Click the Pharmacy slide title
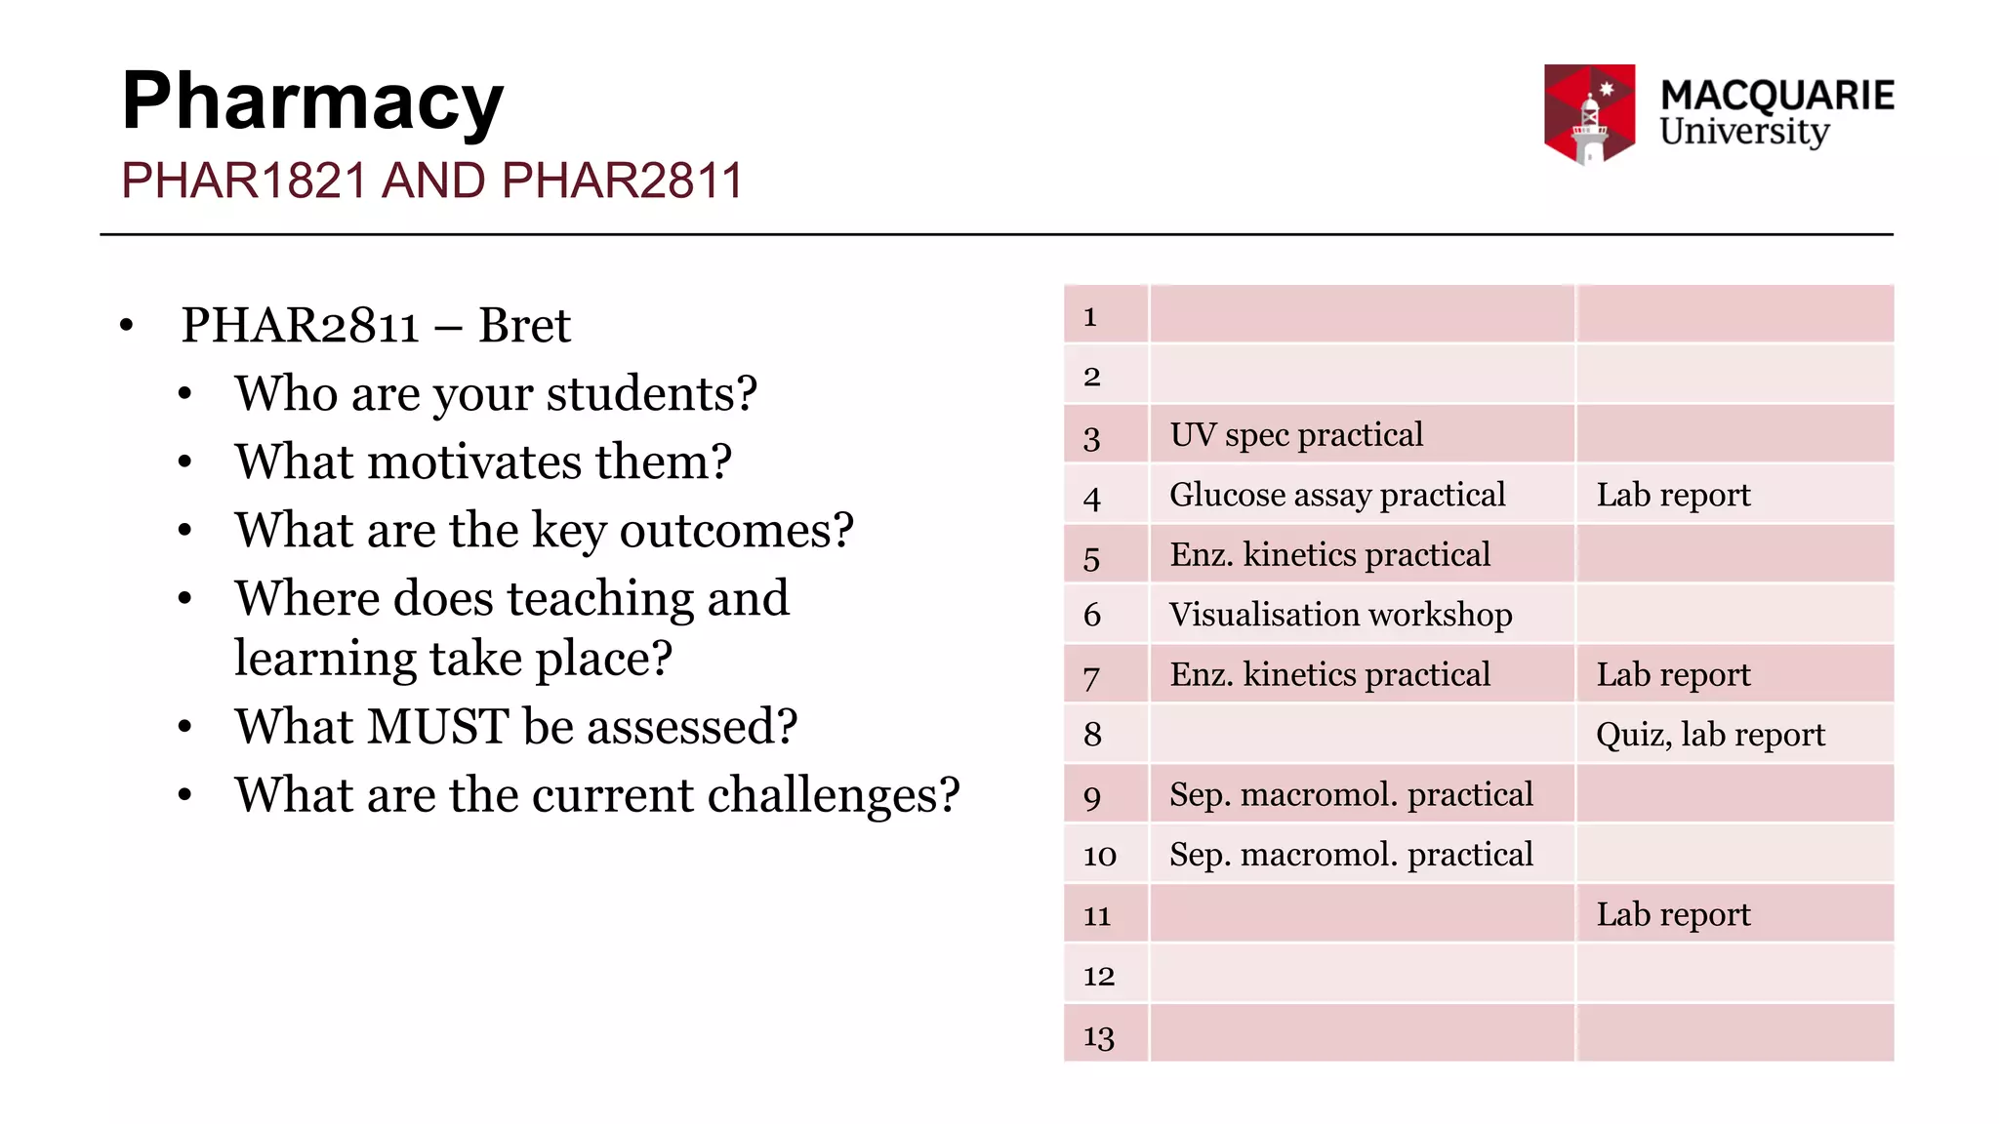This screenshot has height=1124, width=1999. pos(312,102)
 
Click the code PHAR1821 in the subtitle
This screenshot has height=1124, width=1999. pos(243,181)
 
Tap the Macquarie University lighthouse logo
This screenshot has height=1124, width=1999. pos(1589,114)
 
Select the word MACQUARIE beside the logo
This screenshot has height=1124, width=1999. pos(1776,96)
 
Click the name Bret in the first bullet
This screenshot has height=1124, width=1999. pos(524,326)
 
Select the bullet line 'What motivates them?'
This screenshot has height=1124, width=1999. pos(483,462)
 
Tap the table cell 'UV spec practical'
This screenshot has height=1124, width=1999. pos(1296,435)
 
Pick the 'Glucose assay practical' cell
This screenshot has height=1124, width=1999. pos(1337,495)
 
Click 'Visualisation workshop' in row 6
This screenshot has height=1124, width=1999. pos(1340,615)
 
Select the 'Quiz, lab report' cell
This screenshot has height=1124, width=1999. pos(1710,735)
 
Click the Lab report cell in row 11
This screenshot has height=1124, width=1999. pos(1673,914)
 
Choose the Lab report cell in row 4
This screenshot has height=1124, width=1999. pos(1673,495)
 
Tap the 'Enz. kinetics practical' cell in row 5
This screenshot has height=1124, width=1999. pos(1329,555)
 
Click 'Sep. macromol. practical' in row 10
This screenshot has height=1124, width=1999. pos(1351,855)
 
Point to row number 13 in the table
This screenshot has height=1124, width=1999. pos(1098,1036)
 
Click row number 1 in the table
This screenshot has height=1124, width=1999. pos(1090,316)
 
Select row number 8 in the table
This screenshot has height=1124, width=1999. pos(1092,735)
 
